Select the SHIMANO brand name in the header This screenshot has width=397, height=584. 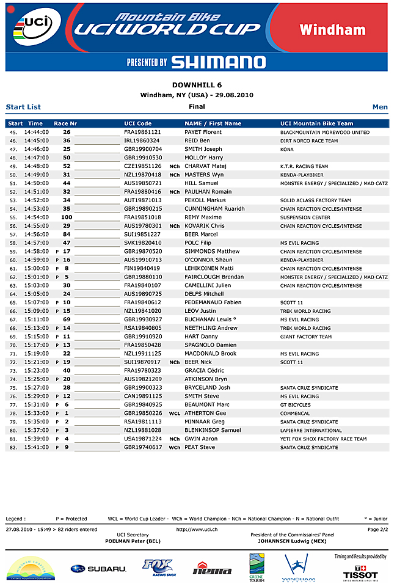(218, 62)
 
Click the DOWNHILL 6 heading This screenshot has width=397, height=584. (197, 85)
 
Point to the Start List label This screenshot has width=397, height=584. (23, 107)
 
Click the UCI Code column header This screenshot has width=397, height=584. (137, 123)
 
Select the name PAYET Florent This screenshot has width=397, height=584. (203, 132)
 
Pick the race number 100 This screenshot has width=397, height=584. (67, 217)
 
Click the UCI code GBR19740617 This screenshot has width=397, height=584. (143, 447)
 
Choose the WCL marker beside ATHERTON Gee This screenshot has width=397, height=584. (175, 413)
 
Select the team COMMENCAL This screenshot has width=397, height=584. (295, 413)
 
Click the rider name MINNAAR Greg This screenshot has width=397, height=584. (205, 422)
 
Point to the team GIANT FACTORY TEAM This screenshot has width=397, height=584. (306, 337)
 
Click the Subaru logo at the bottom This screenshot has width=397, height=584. (98, 569)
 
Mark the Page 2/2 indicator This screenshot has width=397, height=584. (377, 529)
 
